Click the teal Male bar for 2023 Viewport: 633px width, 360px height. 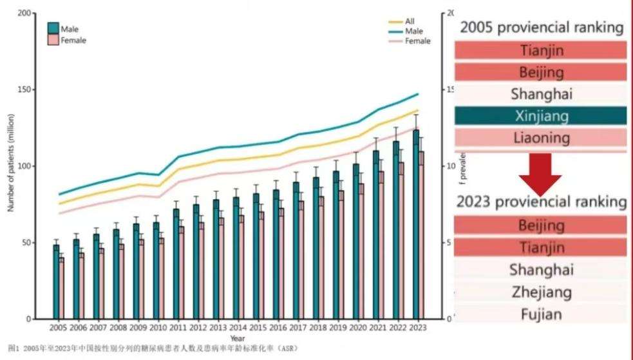pyautogui.click(x=416, y=225)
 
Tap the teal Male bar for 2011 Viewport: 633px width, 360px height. pyautogui.click(x=176, y=264)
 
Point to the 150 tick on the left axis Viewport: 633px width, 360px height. pyautogui.click(x=26, y=90)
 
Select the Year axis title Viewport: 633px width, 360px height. pyautogui.click(x=238, y=338)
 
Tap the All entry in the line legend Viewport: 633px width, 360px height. pyautogui.click(x=410, y=21)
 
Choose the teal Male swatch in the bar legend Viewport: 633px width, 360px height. pyautogui.click(x=53, y=28)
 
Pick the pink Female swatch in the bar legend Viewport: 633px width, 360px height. pyautogui.click(x=53, y=40)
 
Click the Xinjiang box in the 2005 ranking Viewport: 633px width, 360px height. pyautogui.click(x=541, y=116)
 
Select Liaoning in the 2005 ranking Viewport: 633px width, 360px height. pyautogui.click(x=541, y=137)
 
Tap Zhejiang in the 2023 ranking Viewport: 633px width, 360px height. pyautogui.click(x=541, y=292)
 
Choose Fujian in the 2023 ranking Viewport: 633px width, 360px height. pyautogui.click(x=541, y=314)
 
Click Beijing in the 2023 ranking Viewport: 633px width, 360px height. pyautogui.click(x=541, y=225)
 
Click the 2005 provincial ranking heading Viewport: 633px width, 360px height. pyautogui.click(x=541, y=28)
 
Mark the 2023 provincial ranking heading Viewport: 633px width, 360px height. pyautogui.click(x=541, y=202)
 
